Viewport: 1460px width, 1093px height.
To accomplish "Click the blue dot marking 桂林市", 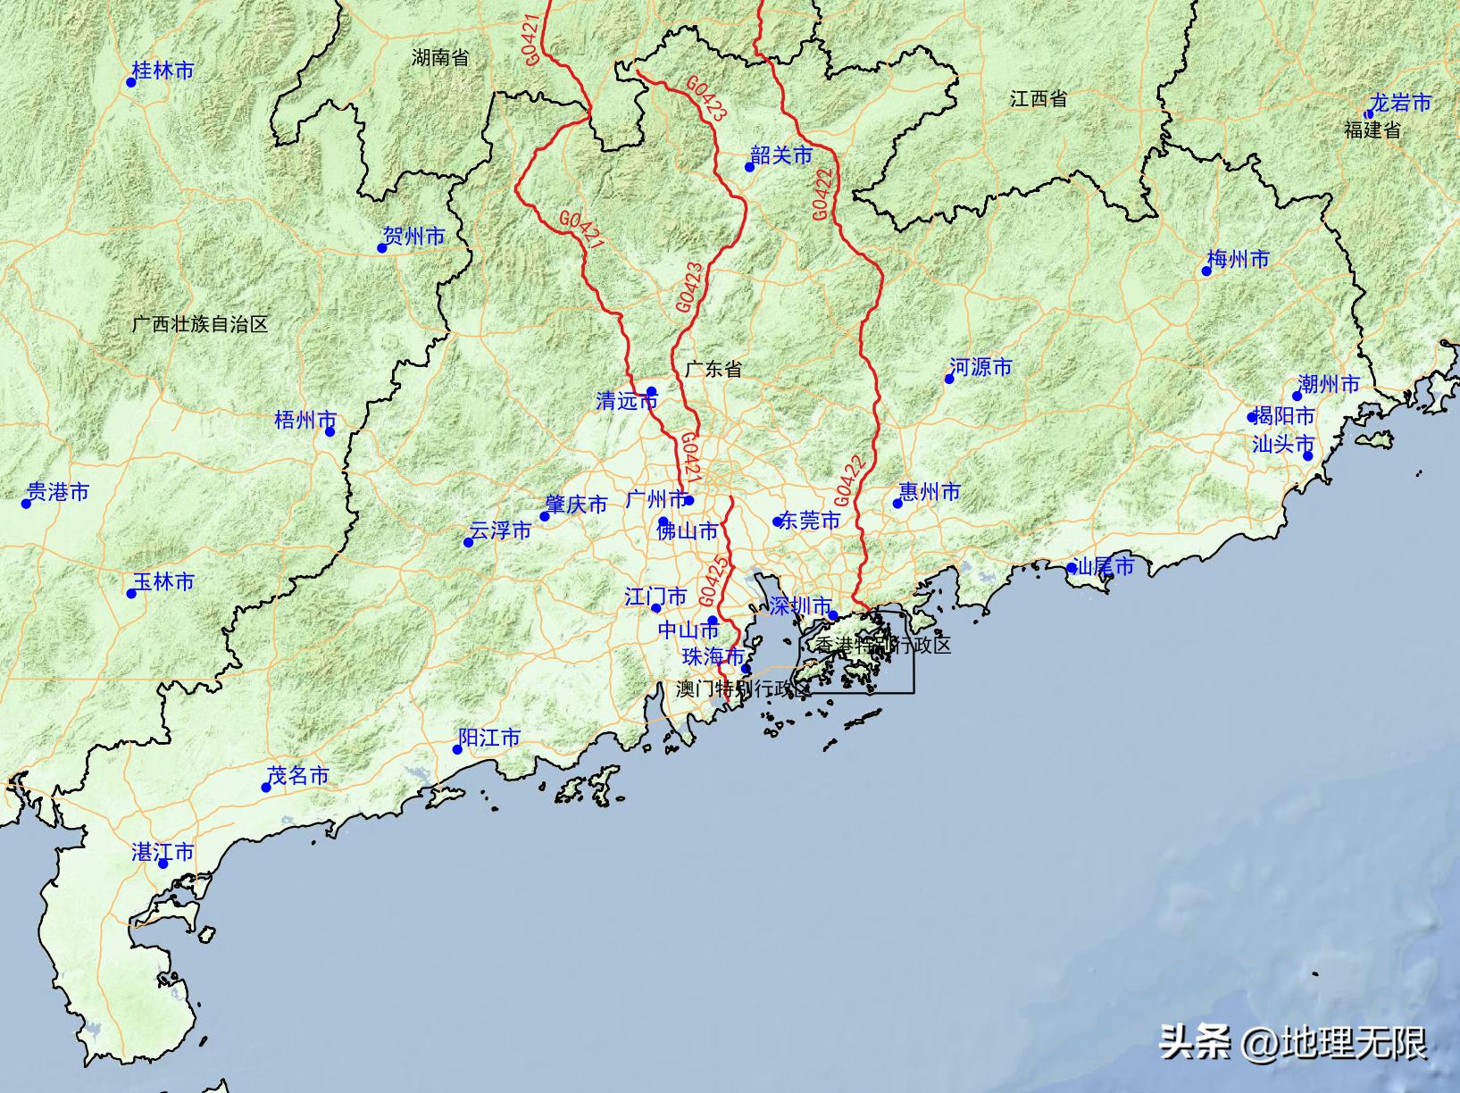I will point(131,82).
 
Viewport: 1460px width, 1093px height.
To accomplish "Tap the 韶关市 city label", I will point(782,156).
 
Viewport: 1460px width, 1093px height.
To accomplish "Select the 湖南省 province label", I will point(440,58).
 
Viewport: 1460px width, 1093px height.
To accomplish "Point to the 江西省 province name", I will point(1039,99).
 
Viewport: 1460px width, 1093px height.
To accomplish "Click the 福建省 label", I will point(1372,129).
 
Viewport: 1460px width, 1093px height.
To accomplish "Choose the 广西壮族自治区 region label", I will point(199,324).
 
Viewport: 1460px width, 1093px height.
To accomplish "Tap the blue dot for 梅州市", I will point(1206,271).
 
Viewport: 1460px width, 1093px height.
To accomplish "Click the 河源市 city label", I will point(981,367).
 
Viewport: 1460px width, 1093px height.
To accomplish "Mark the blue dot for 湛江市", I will point(163,864).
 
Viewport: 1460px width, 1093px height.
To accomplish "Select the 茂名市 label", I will point(298,776).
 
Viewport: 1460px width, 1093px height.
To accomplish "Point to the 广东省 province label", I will point(713,369).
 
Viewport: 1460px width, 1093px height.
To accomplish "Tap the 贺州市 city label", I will point(413,237).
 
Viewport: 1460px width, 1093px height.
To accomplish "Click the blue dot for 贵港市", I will point(27,504).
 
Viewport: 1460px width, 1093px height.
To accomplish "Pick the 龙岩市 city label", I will point(1401,104).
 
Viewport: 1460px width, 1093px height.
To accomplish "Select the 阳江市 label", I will point(489,738).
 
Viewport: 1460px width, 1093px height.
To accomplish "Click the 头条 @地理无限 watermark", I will point(1293,1041).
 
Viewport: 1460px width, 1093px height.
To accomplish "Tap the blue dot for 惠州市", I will point(897,504).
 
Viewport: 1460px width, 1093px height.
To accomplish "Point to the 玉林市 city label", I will point(164,582).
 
